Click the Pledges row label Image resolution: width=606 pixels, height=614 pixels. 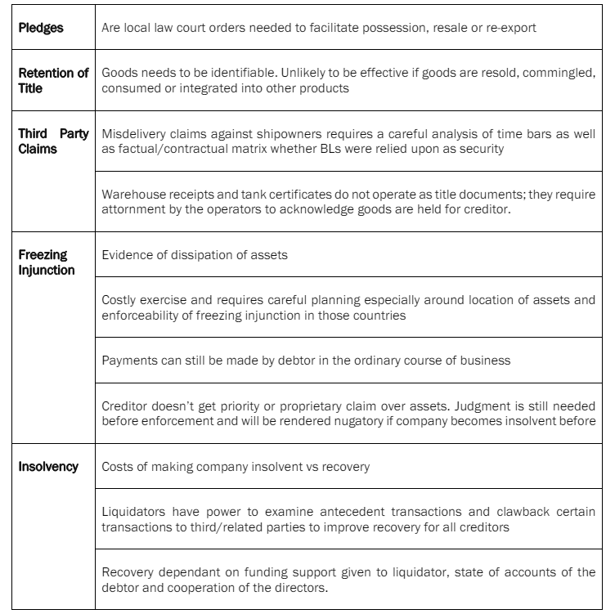pyautogui.click(x=41, y=28)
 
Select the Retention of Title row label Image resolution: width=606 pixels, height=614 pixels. pyautogui.click(x=53, y=80)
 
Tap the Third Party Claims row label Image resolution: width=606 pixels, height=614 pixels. pyautogui.click(x=53, y=141)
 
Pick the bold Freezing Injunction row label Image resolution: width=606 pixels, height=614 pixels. pyautogui.click(x=46, y=262)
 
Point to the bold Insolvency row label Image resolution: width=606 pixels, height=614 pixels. pyautogui.click(x=48, y=467)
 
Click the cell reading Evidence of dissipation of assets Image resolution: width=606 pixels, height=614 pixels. pyautogui.click(x=195, y=255)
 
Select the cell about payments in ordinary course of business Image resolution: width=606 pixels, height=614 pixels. pyautogui.click(x=306, y=361)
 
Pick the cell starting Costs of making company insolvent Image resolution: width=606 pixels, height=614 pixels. pyautogui.click(x=236, y=467)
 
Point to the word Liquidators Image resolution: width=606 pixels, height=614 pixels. pyautogui.click(x=133, y=512)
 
